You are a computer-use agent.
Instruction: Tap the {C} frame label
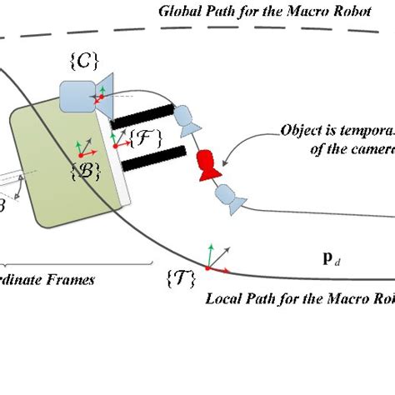click(85, 61)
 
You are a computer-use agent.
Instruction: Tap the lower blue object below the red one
click(227, 198)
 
